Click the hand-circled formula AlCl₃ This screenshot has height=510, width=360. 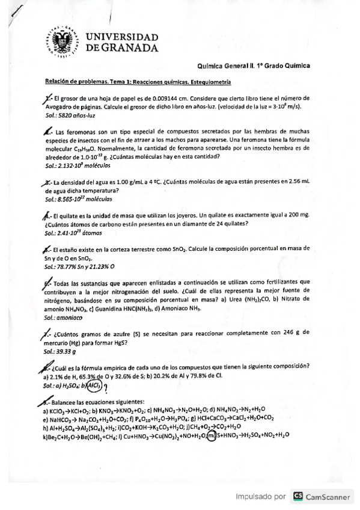pos(94,386)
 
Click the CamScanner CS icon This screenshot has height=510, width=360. pos(297,497)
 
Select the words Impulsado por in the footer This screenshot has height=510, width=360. pos(261,497)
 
